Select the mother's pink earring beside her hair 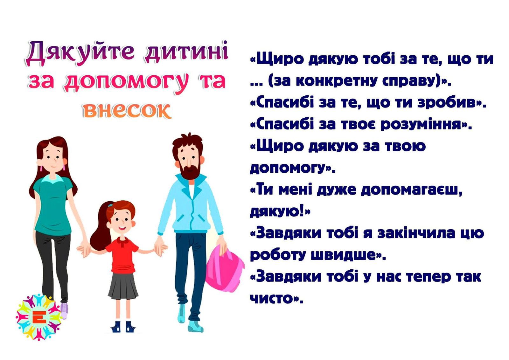[41, 168]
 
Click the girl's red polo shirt [123, 254]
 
